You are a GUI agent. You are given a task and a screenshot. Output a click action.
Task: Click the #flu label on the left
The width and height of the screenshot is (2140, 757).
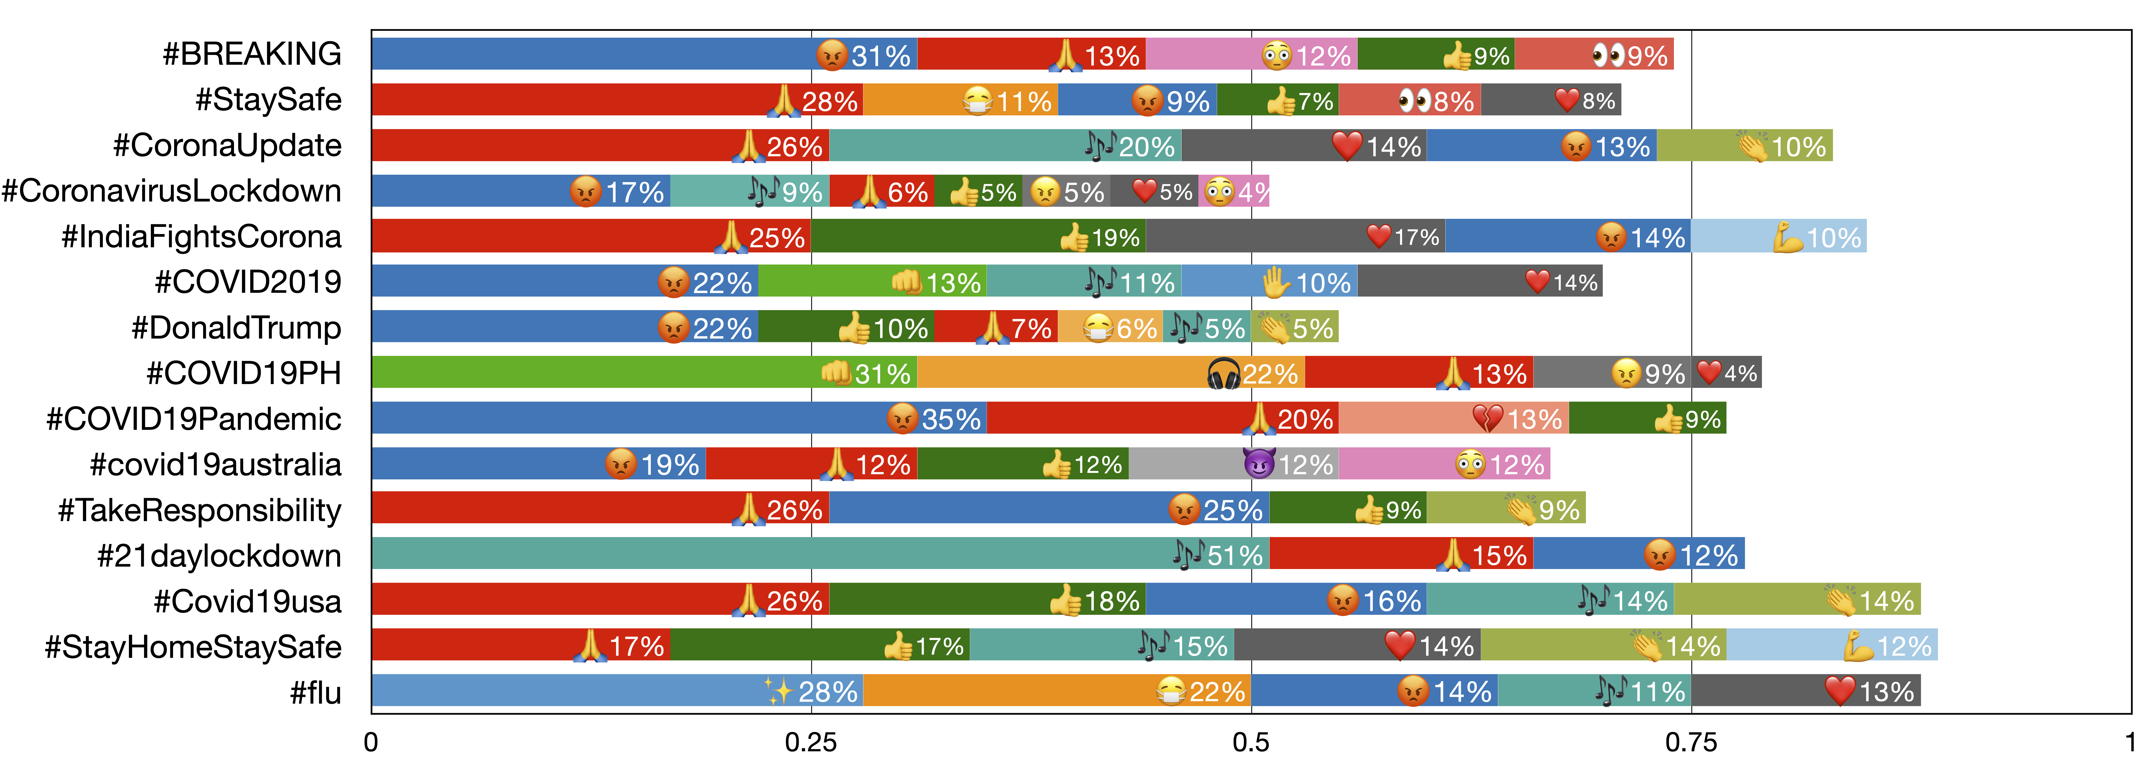coord(316,692)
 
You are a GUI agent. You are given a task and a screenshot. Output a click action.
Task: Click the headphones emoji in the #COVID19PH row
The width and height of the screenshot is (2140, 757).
coord(1223,374)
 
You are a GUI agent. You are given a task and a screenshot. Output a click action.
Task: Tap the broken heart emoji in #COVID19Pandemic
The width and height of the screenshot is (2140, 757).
coord(1487,419)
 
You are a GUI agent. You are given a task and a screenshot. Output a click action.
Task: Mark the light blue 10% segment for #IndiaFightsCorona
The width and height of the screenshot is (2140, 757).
coord(1779,237)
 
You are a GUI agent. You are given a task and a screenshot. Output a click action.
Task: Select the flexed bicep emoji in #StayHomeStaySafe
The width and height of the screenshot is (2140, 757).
coord(1858,646)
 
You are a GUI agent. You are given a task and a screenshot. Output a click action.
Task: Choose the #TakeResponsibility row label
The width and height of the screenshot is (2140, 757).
coord(199,510)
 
